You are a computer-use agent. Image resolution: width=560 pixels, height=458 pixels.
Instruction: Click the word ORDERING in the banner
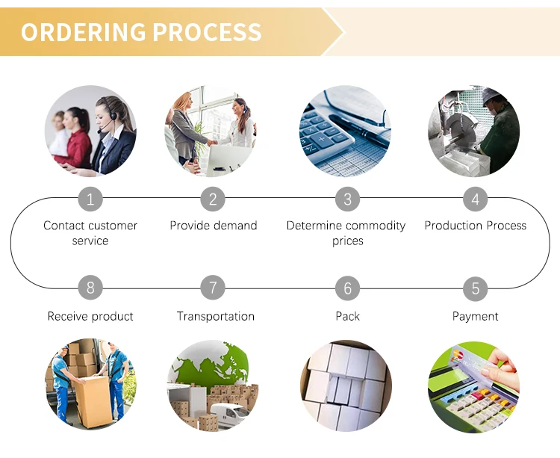83,32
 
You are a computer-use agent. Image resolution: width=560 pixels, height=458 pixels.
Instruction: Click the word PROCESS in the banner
207,32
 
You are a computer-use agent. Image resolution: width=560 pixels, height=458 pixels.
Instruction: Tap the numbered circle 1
90,199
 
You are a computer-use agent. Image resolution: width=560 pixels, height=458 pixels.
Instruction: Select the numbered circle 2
213,199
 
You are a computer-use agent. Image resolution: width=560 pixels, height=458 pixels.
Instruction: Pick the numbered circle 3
347,199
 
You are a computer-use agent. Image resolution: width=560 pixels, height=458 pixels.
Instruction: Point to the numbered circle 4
475,199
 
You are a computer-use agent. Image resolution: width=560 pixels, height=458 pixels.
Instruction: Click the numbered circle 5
475,288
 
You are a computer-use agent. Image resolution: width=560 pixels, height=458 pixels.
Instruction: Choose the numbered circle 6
347,288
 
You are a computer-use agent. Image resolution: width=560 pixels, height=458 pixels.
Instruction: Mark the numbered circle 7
213,288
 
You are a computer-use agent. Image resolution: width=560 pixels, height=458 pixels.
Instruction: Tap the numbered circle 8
90,288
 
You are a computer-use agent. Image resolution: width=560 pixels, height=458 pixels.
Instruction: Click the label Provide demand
213,226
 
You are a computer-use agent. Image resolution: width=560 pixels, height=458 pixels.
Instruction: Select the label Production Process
475,226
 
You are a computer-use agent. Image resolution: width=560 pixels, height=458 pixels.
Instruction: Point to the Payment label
475,316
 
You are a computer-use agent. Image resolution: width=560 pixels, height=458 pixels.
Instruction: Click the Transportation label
215,316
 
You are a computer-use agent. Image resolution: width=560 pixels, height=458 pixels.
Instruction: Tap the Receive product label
90,316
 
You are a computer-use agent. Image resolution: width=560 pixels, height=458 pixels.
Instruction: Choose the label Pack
347,316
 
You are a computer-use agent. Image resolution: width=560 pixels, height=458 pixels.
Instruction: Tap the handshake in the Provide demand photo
211,141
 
